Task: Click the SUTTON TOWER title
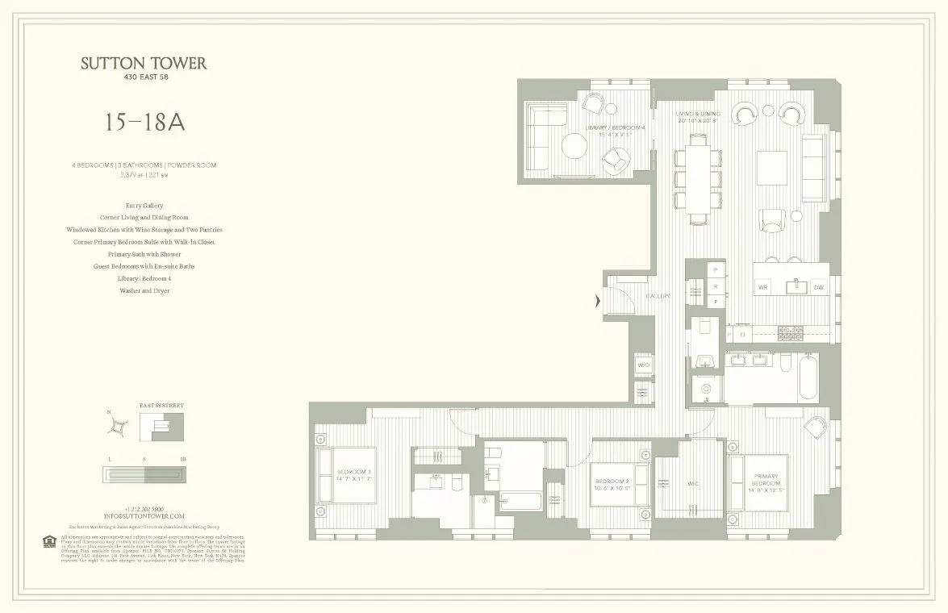pos(144,64)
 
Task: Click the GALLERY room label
pos(658,296)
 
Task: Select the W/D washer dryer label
pos(643,365)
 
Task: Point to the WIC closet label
pos(692,485)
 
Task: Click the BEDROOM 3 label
pos(353,475)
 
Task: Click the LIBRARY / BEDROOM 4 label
pos(616,131)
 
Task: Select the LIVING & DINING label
pos(697,118)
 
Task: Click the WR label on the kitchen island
pos(762,287)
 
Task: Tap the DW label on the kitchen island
pos(817,287)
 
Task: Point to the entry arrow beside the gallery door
pos(598,302)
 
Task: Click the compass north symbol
pos(118,426)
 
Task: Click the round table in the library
pos(574,147)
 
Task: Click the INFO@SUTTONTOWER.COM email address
pos(144,515)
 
